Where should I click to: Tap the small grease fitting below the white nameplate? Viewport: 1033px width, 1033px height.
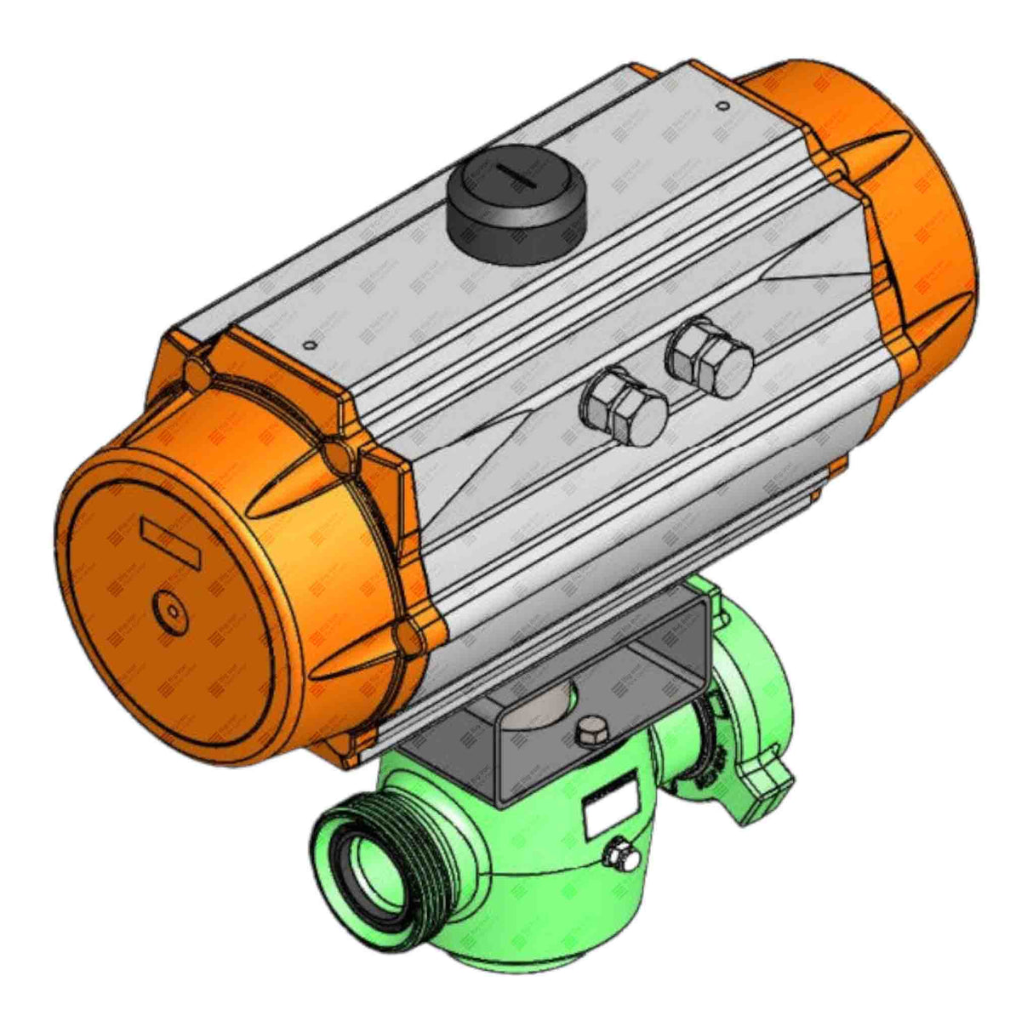(628, 859)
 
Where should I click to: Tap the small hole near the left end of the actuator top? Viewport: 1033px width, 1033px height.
(310, 345)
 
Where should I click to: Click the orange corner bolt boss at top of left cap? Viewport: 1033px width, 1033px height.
(197, 372)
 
